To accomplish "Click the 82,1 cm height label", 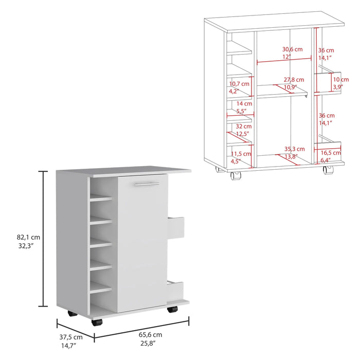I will (28, 237).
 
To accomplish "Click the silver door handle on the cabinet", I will (146, 183).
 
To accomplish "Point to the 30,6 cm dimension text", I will (292, 49).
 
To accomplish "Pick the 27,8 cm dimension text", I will (293, 80).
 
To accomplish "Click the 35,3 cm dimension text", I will (294, 149).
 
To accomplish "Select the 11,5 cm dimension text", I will (239, 154).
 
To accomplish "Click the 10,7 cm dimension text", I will (239, 83).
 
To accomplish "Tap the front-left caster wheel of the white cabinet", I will (96, 323).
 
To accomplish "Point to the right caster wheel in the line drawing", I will (328, 174).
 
